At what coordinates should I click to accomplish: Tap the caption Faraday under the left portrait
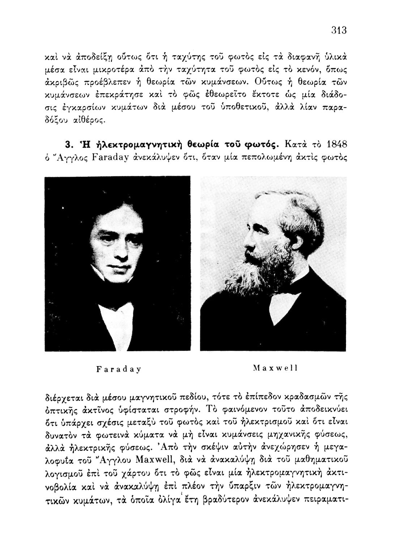119,369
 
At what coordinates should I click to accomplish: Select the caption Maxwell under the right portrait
275,368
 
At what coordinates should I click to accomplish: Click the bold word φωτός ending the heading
260,146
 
